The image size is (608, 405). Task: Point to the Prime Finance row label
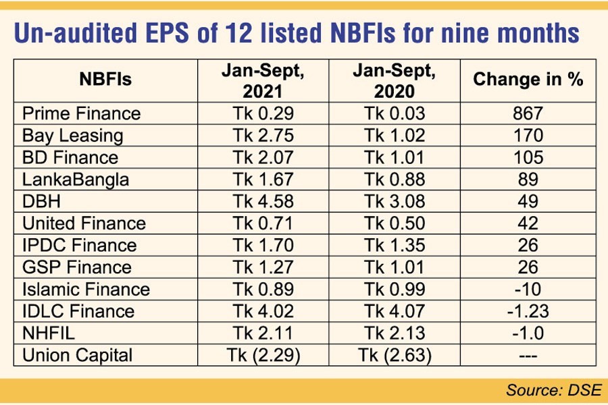click(x=82, y=113)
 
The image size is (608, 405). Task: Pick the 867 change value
click(x=528, y=113)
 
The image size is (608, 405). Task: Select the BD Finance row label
click(x=70, y=158)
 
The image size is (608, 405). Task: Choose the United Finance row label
click(x=84, y=223)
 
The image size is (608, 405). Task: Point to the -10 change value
click(x=528, y=289)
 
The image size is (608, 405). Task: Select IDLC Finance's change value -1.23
click(x=528, y=311)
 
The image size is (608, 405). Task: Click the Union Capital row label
click(x=78, y=355)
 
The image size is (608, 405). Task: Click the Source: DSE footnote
click(x=549, y=389)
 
